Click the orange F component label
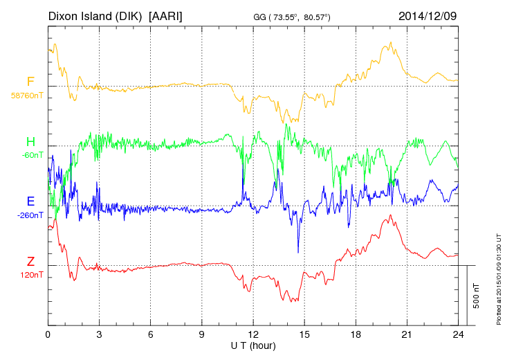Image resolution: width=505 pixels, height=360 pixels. (x=30, y=82)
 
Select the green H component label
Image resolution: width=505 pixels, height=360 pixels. (x=30, y=142)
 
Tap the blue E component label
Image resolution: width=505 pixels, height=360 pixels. (x=30, y=201)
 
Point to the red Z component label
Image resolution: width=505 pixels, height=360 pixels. (x=30, y=262)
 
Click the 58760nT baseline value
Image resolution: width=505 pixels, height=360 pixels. (x=26, y=95)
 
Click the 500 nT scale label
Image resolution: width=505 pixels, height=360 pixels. (x=476, y=296)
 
